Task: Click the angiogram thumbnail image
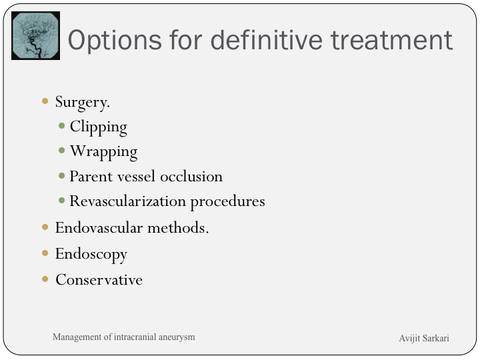point(35,35)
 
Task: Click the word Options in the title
point(115,40)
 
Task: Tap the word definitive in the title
point(266,40)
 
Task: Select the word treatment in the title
point(391,40)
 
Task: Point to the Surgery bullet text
point(83,102)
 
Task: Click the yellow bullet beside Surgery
point(45,101)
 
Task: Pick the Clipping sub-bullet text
point(98,127)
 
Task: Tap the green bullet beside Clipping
point(61,125)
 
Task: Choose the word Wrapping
point(104,152)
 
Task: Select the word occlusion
point(191,176)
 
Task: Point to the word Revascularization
point(127,201)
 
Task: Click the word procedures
point(228,202)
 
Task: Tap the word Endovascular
point(99,228)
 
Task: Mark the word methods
point(178,228)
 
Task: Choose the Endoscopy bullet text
point(91,255)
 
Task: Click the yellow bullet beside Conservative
point(45,279)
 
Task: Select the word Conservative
point(99,280)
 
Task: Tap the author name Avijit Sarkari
point(424,338)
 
